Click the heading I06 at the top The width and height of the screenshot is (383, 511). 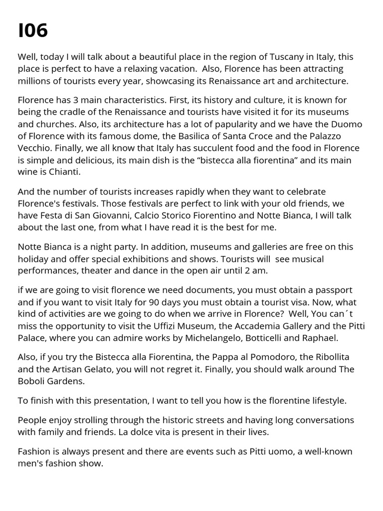pyautogui.click(x=33, y=31)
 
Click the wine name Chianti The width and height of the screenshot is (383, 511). pyautogui.click(x=64, y=172)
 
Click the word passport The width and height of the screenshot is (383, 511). pyautogui.click(x=334, y=290)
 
